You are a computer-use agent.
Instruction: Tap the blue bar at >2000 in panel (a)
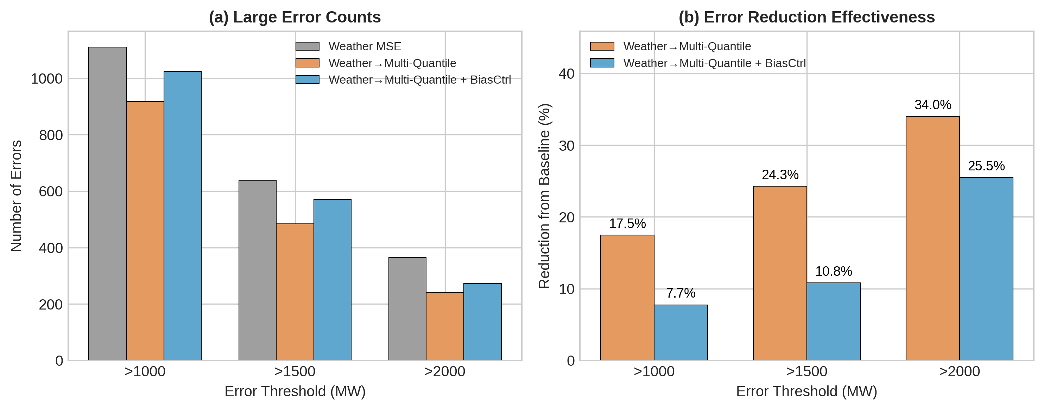click(482, 322)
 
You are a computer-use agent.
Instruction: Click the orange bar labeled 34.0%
click(932, 239)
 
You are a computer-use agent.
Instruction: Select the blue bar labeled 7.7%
click(681, 332)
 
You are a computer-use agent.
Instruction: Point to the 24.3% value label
click(780, 175)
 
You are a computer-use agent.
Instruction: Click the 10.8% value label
click(833, 271)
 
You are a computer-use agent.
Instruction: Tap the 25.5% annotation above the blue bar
click(986, 166)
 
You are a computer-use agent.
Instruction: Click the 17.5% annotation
click(627, 223)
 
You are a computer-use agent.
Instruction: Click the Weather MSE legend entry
click(364, 46)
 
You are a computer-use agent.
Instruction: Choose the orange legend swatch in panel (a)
click(307, 63)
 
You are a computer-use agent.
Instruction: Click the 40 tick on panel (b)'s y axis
click(567, 74)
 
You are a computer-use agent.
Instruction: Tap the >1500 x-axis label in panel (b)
click(806, 371)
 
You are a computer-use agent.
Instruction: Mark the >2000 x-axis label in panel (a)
click(445, 371)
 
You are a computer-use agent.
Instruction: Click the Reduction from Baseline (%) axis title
click(544, 196)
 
